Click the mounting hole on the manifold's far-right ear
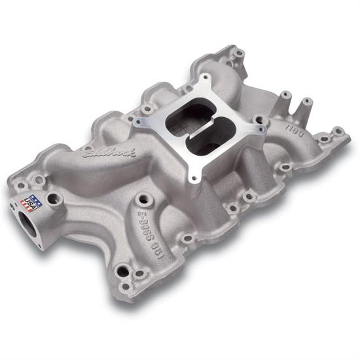click(338, 132)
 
